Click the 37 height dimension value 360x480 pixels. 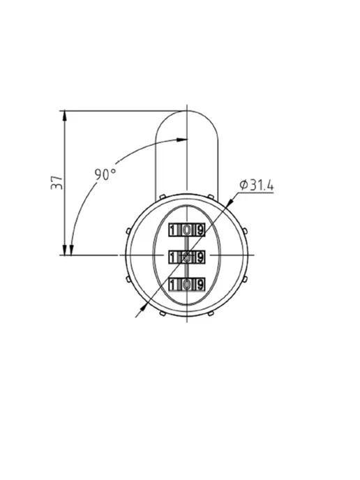[x=57, y=183]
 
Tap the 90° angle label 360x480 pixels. [x=105, y=174]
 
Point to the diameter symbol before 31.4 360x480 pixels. [x=243, y=185]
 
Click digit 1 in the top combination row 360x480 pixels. [x=173, y=230]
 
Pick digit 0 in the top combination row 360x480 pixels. [x=187, y=230]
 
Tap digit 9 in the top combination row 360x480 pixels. [x=200, y=230]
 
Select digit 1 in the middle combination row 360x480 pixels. [x=173, y=257]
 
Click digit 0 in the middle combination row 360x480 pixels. [x=187, y=257]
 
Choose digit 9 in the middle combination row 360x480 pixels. [x=200, y=257]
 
